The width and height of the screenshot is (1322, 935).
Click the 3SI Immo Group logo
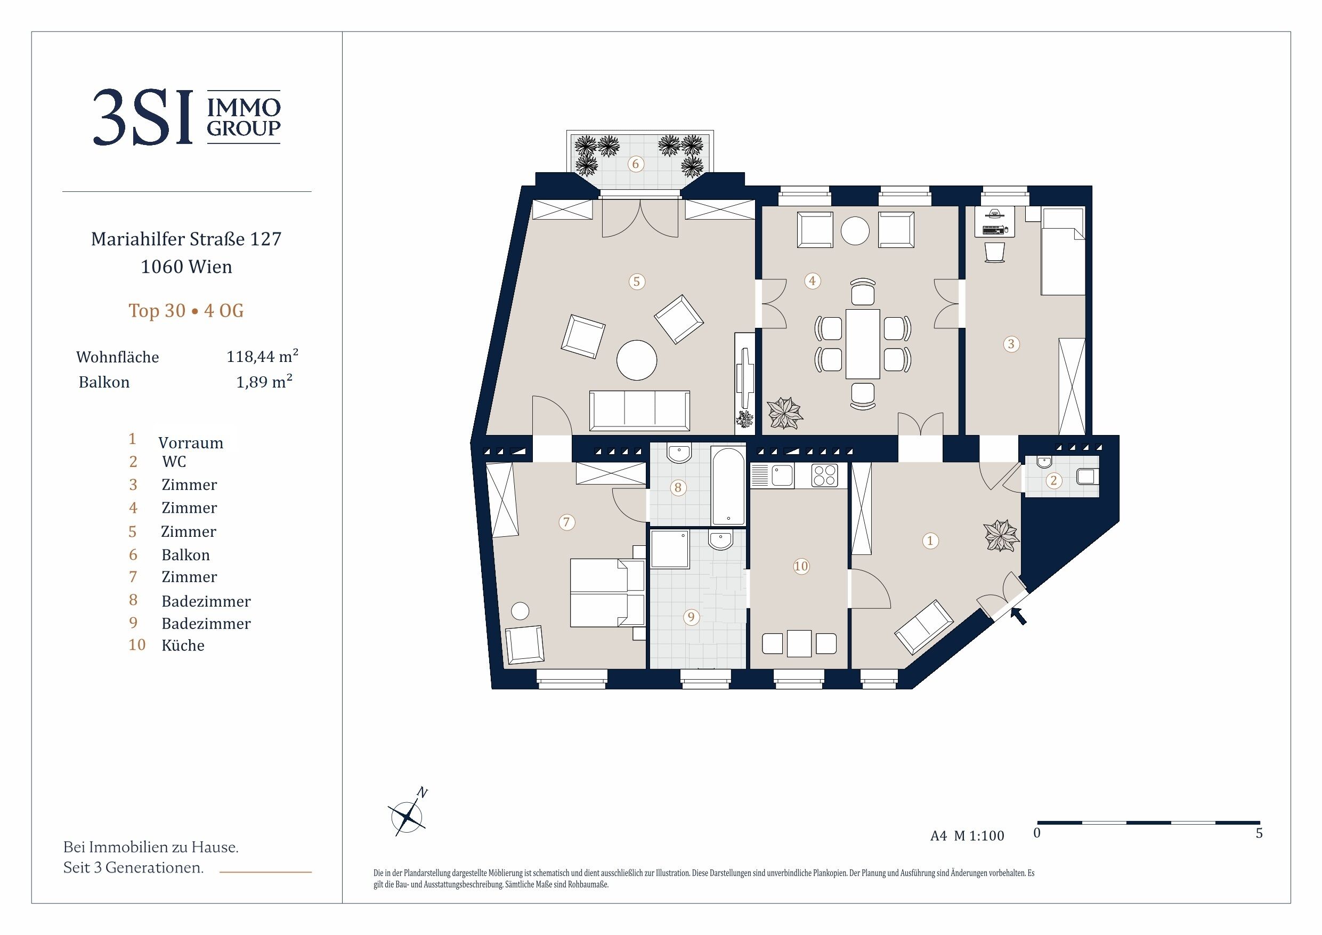[186, 117]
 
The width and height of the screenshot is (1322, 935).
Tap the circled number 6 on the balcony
[636, 164]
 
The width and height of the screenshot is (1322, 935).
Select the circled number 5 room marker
[636, 281]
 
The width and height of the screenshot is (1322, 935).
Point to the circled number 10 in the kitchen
[801, 566]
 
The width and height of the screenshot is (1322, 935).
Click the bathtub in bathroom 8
[729, 486]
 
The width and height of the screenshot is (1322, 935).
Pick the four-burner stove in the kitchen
[824, 476]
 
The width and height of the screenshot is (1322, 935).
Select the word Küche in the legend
[183, 645]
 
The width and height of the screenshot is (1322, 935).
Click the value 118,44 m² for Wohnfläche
[263, 356]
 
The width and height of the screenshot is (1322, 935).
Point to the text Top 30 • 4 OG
[186, 311]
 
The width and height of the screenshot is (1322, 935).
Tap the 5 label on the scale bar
[1259, 834]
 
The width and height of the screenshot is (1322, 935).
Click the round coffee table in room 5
[636, 360]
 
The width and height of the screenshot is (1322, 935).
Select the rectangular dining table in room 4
[863, 344]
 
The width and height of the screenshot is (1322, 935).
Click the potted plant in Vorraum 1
[1002, 535]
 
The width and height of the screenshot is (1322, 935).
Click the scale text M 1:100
[979, 836]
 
